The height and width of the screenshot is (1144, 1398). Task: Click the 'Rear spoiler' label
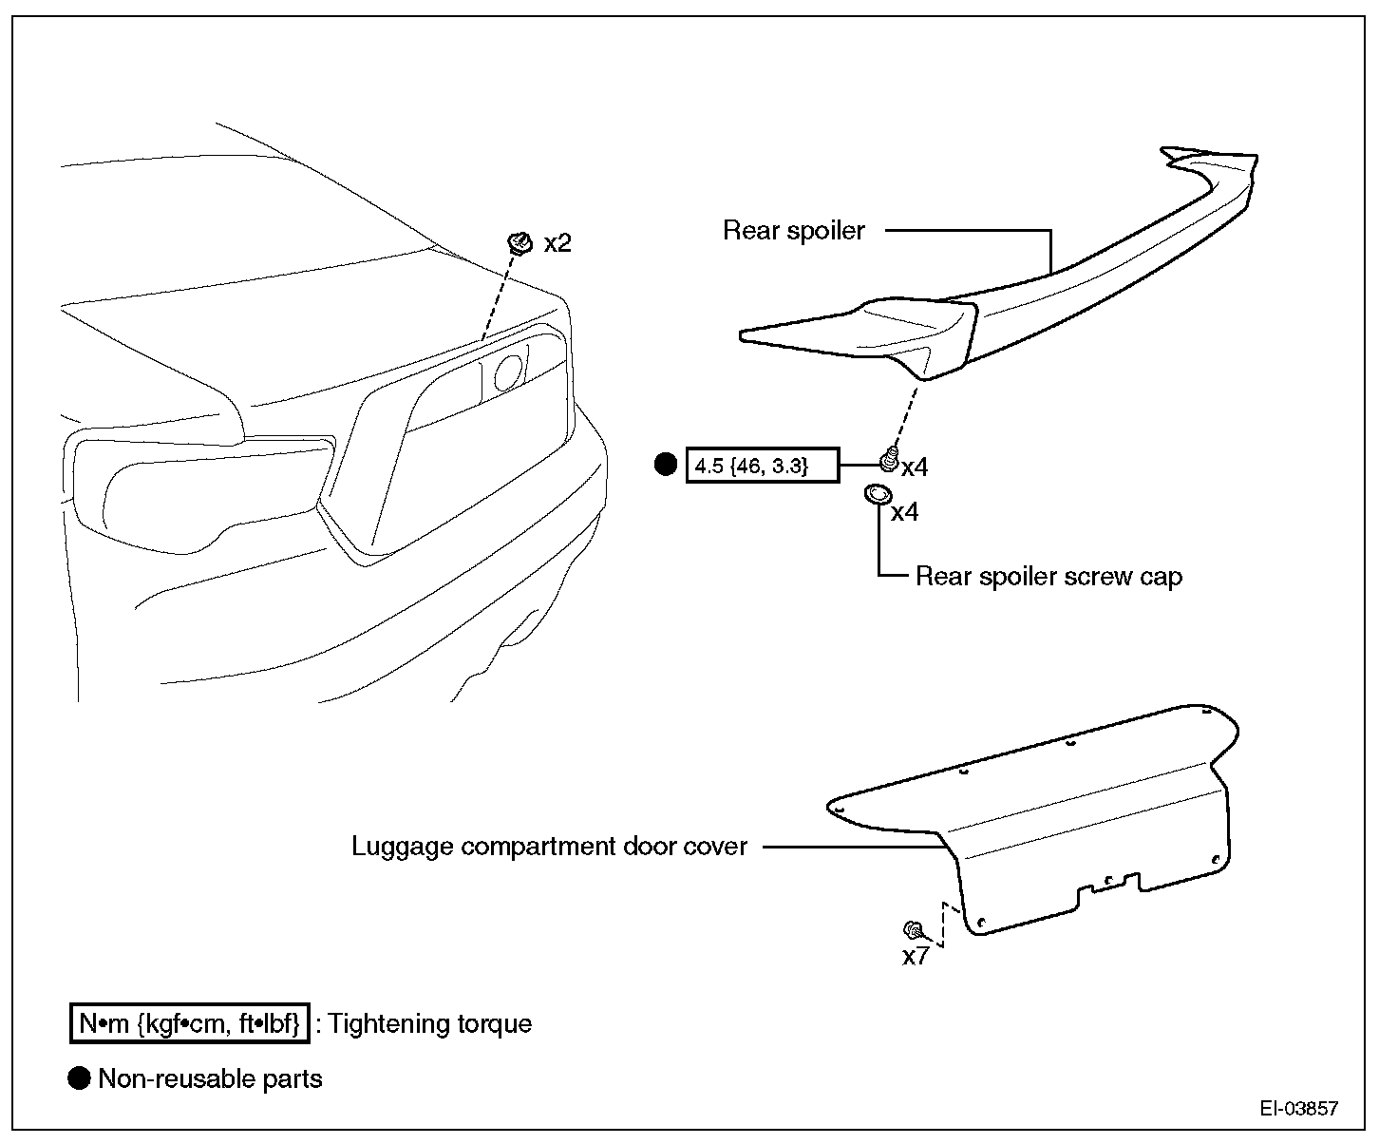coord(794,231)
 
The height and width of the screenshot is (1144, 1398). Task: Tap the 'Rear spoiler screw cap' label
coord(1048,577)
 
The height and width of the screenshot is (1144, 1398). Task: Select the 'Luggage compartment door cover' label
coord(549,847)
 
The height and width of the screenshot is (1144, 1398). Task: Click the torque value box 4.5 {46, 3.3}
coord(763,466)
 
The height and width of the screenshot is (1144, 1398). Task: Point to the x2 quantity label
coord(557,244)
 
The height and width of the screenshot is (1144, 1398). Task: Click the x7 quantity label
coord(916,957)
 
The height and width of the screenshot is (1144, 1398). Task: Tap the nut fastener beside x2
coord(520,243)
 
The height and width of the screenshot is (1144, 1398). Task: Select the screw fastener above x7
coord(913,928)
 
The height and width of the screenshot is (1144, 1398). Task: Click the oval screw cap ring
coord(878,494)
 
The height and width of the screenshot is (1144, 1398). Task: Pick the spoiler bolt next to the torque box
coord(889,460)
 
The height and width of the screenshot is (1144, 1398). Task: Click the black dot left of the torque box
coord(667,465)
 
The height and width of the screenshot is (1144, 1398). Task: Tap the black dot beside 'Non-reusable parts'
coord(80,1078)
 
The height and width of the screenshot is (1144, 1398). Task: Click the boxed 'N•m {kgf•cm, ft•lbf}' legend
coord(190,1023)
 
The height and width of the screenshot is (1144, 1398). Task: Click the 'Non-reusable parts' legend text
coord(210,1079)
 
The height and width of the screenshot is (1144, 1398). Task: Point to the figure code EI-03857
coord(1299,1108)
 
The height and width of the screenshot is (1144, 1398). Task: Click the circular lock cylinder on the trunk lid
coord(508,372)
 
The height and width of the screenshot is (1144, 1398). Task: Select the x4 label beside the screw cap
coord(904,513)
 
